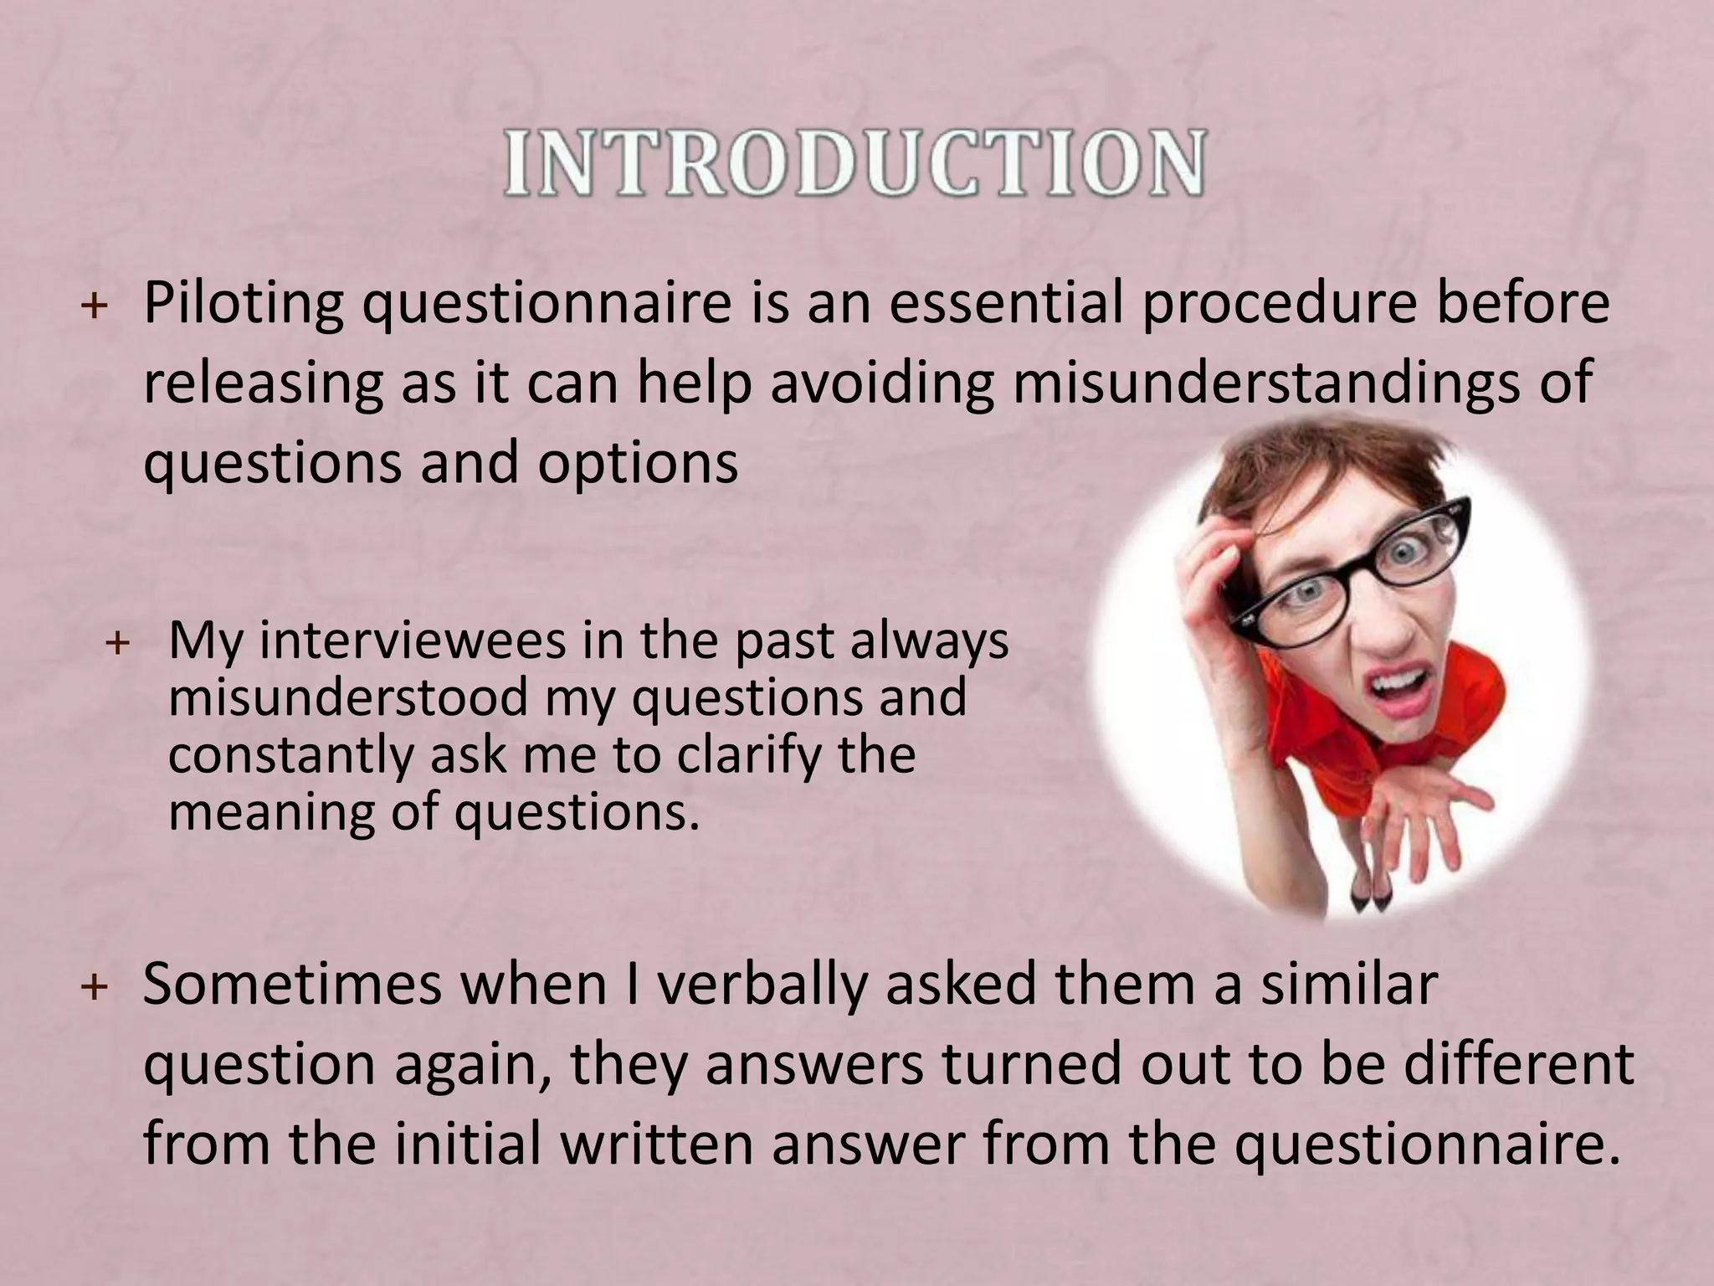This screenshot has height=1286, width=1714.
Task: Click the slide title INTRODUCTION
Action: coord(854,162)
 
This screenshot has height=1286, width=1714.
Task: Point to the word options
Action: coord(638,462)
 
